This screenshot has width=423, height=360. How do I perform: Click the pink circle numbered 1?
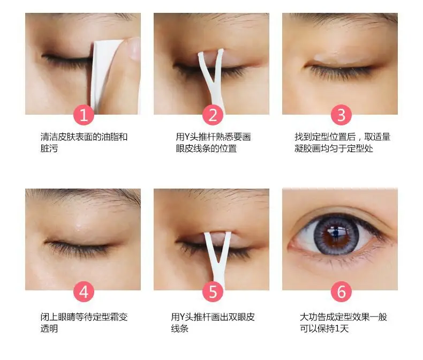tap(84, 115)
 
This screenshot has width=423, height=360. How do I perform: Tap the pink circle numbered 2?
tap(213, 115)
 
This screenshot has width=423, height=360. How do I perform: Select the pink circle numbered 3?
tap(341, 115)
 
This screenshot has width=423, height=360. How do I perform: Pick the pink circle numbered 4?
tap(84, 291)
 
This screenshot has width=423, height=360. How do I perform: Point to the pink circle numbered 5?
tap(213, 291)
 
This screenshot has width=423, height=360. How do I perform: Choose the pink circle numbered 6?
tap(341, 291)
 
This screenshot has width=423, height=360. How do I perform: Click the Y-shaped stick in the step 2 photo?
tap(213, 78)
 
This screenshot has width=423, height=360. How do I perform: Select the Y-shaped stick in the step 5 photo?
tap(218, 259)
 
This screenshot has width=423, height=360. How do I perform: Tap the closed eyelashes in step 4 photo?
tap(78, 249)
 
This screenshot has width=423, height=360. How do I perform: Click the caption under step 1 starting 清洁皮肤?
tap(84, 142)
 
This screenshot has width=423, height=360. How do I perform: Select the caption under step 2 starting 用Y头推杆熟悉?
tap(213, 142)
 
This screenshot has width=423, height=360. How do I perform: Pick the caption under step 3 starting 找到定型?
tap(342, 142)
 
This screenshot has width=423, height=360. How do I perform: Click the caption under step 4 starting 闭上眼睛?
tap(84, 322)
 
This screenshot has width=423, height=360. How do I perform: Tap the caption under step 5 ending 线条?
tap(213, 322)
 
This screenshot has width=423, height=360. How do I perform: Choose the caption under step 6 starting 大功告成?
tap(343, 322)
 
